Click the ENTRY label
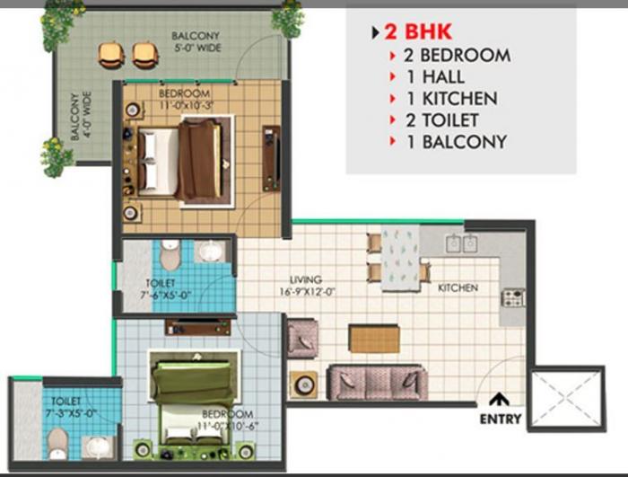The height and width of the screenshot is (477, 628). click(x=501, y=420)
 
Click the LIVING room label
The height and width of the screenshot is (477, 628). click(x=305, y=279)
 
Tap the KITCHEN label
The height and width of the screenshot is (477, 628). click(x=458, y=288)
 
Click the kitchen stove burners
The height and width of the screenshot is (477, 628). click(x=514, y=296)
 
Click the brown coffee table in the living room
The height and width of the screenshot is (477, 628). click(x=373, y=339)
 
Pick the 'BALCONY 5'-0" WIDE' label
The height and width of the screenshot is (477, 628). click(x=196, y=42)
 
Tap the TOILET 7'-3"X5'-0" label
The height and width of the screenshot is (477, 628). click(x=67, y=405)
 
